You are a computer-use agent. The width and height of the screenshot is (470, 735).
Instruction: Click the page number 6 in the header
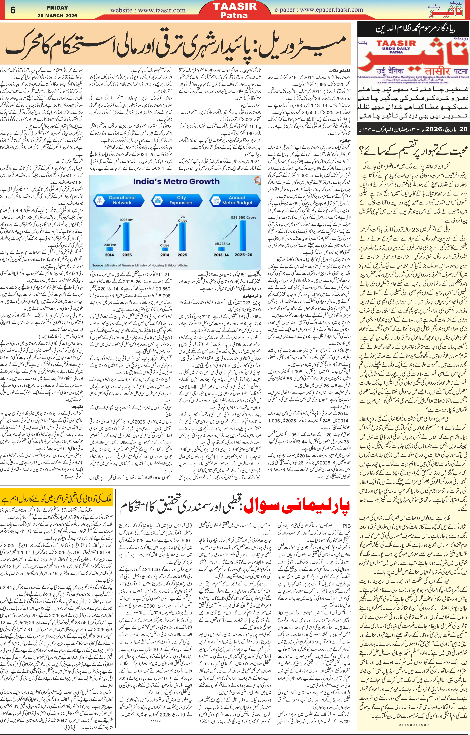[13, 10]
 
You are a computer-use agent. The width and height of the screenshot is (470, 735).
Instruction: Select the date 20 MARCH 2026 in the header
[57, 16]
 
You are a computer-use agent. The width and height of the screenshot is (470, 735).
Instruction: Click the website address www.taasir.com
[148, 10]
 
